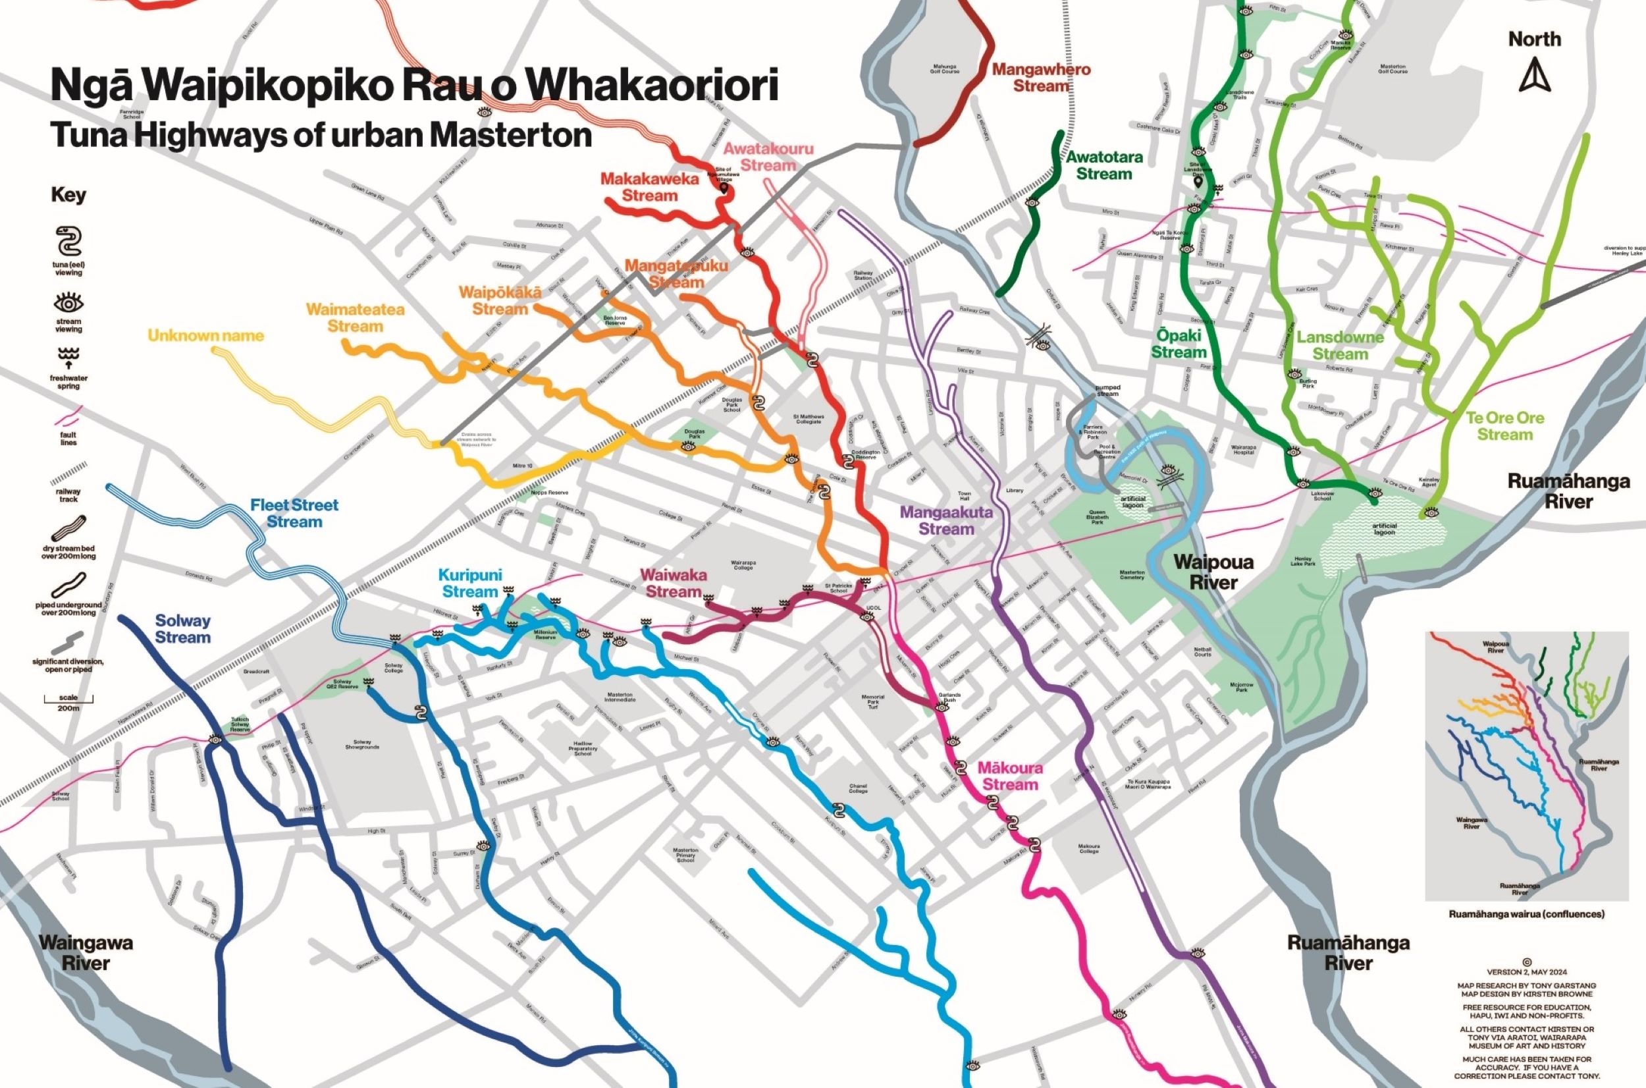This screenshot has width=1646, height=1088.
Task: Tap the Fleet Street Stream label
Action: point(295,514)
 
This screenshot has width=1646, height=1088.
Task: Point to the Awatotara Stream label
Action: point(1104,165)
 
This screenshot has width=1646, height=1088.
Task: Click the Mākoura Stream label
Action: point(1010,776)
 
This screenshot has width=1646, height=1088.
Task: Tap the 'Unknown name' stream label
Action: point(206,336)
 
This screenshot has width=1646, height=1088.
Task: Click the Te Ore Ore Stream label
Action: point(1504,426)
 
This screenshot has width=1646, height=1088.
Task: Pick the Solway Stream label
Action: point(182,629)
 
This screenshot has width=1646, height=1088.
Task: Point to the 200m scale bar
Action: point(68,701)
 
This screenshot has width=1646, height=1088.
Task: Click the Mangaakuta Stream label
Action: point(946,520)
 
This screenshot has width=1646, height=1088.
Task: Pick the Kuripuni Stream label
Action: point(470,584)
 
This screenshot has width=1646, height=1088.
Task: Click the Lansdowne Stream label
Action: point(1340,346)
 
